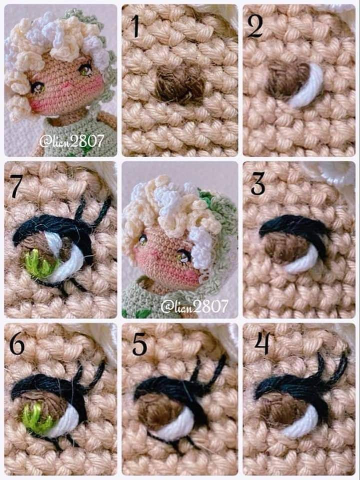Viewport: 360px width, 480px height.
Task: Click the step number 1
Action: pyautogui.click(x=135, y=26)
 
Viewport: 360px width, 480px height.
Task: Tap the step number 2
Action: pyautogui.click(x=255, y=26)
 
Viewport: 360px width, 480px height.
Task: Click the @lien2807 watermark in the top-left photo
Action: pyautogui.click(x=72, y=141)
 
